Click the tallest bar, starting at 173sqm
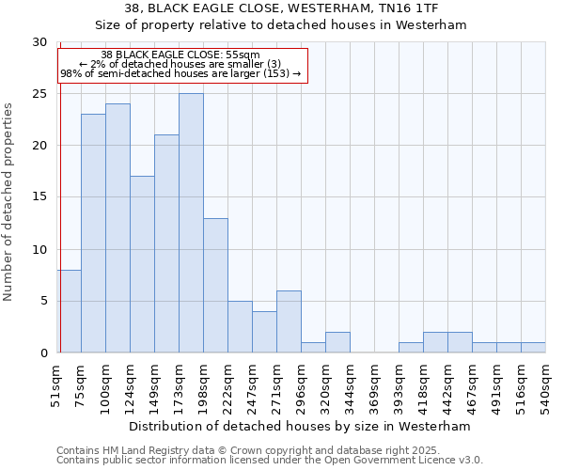click(191, 223)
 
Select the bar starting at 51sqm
click(69, 311)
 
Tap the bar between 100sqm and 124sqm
click(117, 227)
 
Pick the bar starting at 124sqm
click(142, 264)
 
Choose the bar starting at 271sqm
click(289, 321)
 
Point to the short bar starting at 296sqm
click(313, 348)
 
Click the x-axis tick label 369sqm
click(374, 385)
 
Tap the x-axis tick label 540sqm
click(545, 385)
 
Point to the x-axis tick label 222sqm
click(227, 385)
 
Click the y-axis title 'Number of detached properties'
click(8, 202)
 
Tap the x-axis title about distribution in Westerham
click(299, 426)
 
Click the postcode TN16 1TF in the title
click(410, 8)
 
